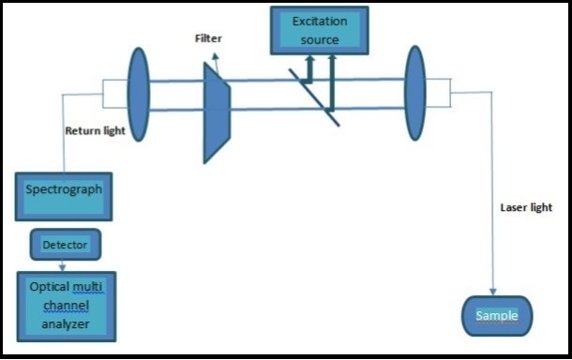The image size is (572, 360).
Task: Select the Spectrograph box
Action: (x=64, y=195)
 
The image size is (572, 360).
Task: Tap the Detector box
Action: (x=66, y=246)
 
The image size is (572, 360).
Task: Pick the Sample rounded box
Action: (x=496, y=316)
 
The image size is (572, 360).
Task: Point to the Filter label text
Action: (x=208, y=38)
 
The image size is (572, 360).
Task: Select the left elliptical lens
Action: (x=137, y=95)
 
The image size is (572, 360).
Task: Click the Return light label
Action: (x=95, y=131)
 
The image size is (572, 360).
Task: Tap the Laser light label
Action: (x=526, y=207)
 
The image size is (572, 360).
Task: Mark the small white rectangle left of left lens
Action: (x=114, y=95)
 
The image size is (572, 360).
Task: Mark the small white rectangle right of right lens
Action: (x=441, y=95)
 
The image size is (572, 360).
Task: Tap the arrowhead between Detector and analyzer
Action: (x=63, y=265)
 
